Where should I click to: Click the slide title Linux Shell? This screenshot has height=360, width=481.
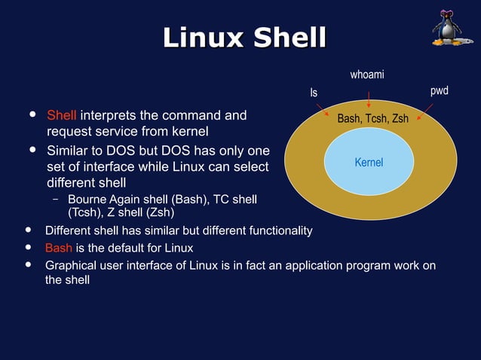[x=245, y=38]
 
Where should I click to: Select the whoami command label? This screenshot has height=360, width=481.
[x=367, y=75]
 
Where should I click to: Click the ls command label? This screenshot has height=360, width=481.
[x=314, y=93]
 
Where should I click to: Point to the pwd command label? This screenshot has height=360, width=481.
[x=439, y=91]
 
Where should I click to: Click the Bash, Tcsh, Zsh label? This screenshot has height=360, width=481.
[x=372, y=119]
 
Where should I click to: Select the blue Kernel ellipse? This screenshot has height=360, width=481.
[x=369, y=162]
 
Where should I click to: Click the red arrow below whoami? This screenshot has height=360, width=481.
[x=368, y=98]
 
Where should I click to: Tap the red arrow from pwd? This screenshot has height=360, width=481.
[x=424, y=111]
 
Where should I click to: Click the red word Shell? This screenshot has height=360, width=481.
[x=61, y=116]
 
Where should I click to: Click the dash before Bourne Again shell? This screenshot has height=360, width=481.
[x=56, y=200]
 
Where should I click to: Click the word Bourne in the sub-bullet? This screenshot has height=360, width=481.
[x=87, y=200]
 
